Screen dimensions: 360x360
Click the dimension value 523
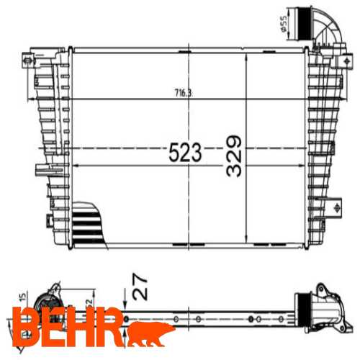click(x=185, y=152)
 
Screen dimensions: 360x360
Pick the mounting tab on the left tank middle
click(x=40, y=171)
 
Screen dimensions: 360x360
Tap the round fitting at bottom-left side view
click(x=49, y=302)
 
